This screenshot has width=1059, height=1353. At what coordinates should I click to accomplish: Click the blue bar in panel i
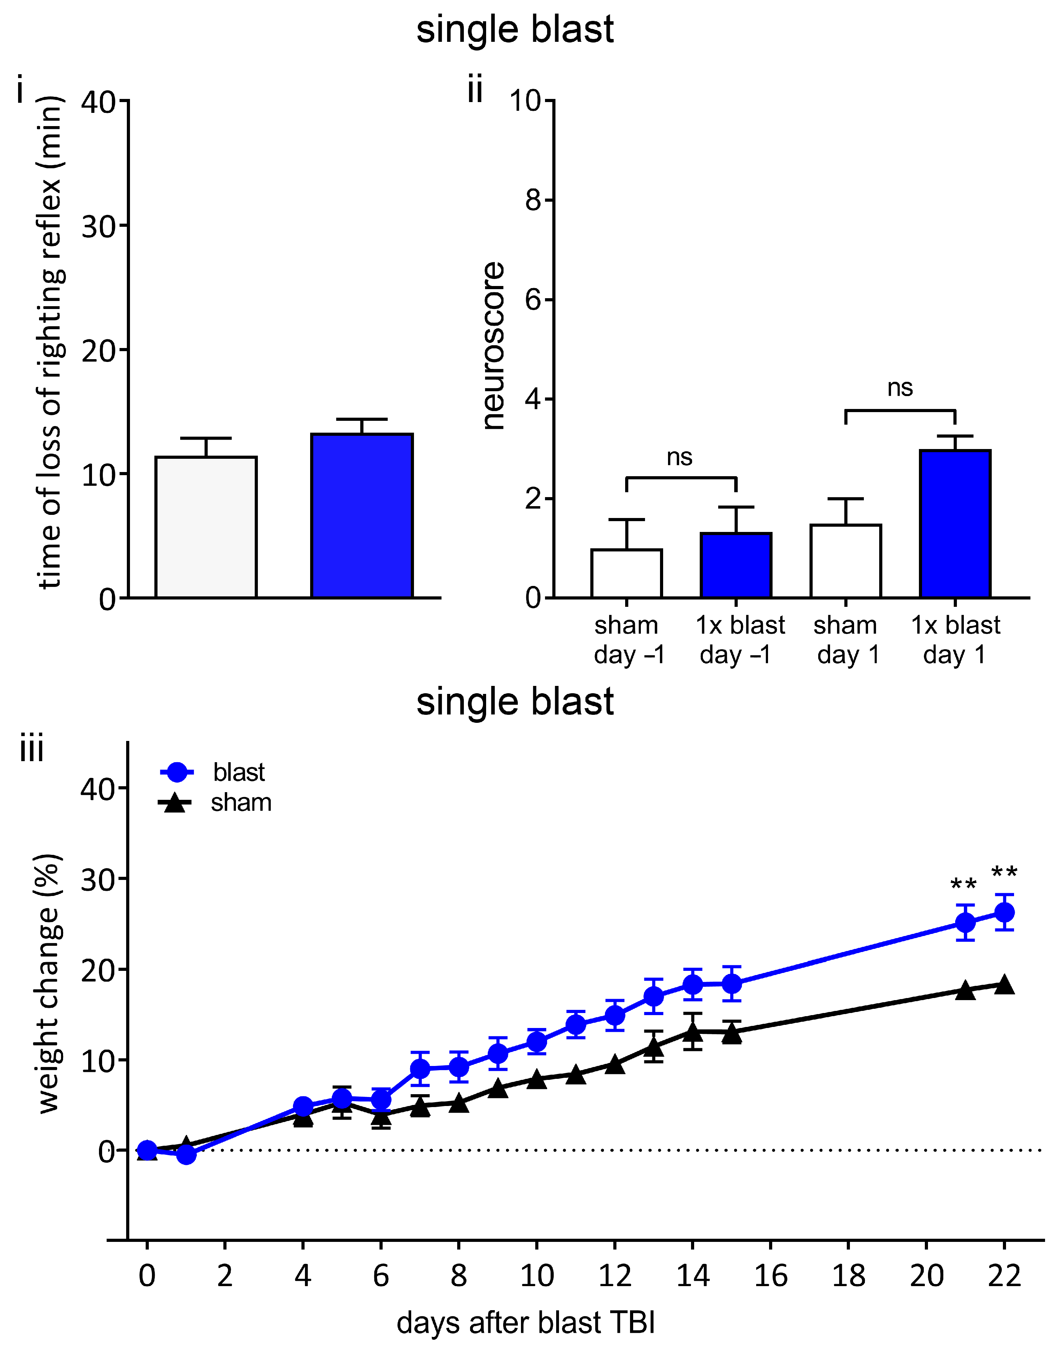pos(362,516)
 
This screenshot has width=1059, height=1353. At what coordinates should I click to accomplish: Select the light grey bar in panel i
pos(206,527)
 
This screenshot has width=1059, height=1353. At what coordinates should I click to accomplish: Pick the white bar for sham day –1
pos(627,573)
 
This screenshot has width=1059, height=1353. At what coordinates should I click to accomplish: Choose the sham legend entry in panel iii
pos(214,803)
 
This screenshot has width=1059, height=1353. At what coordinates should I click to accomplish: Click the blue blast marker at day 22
pos(1004,912)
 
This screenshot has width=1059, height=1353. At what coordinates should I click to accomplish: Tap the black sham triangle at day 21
pos(965,990)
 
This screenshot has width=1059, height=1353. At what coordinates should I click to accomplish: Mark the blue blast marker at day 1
pos(186,1155)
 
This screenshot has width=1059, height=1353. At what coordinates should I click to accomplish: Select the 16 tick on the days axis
pos(771,1276)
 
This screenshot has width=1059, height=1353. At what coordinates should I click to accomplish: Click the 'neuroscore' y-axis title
pos(493,346)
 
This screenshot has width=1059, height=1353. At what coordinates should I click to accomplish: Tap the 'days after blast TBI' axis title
pos(526,1323)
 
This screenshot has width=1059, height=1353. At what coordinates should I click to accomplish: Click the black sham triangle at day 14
pos(693,1032)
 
